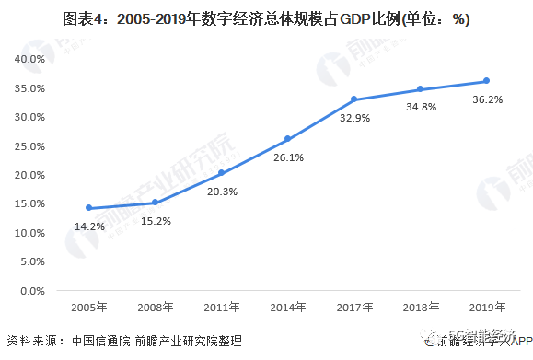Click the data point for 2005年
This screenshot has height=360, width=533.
88,208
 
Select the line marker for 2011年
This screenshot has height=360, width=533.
221,173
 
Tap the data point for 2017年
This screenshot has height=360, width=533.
353,99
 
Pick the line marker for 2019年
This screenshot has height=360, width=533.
486,81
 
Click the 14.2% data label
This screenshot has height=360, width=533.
88,225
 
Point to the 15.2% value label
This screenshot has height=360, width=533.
155,219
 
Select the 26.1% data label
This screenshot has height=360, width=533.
287,157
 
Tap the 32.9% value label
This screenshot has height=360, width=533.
353,117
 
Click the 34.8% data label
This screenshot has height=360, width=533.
420,107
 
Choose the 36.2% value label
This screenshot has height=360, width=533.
486,99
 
